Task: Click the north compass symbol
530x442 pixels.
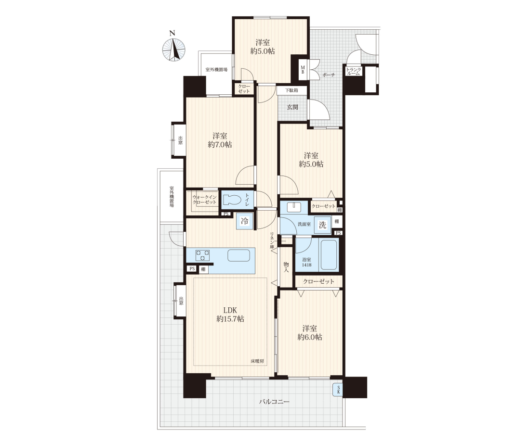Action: tap(174, 50)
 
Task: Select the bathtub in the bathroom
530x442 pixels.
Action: tap(329, 255)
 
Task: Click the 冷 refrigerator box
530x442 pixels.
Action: tap(244, 221)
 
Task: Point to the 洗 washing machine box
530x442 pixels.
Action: tap(322, 225)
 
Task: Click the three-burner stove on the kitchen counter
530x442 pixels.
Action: tap(202, 255)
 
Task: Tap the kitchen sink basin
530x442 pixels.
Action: tap(238, 255)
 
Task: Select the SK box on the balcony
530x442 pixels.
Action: tap(338, 391)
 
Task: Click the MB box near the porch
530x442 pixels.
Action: tap(303, 70)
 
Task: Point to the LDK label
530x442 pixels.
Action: tap(230, 310)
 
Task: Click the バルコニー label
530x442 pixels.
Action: tap(274, 402)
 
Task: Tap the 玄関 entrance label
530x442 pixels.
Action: tap(292, 107)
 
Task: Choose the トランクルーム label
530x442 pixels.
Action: tap(354, 72)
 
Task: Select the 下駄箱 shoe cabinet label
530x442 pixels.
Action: tap(291, 90)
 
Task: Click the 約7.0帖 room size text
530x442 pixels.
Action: tap(220, 145)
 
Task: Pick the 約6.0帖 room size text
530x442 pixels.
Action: tap(310, 337)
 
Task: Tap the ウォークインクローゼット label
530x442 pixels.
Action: tap(204, 200)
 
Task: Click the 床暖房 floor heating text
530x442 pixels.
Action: tap(257, 361)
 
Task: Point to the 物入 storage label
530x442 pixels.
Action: tap(286, 267)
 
